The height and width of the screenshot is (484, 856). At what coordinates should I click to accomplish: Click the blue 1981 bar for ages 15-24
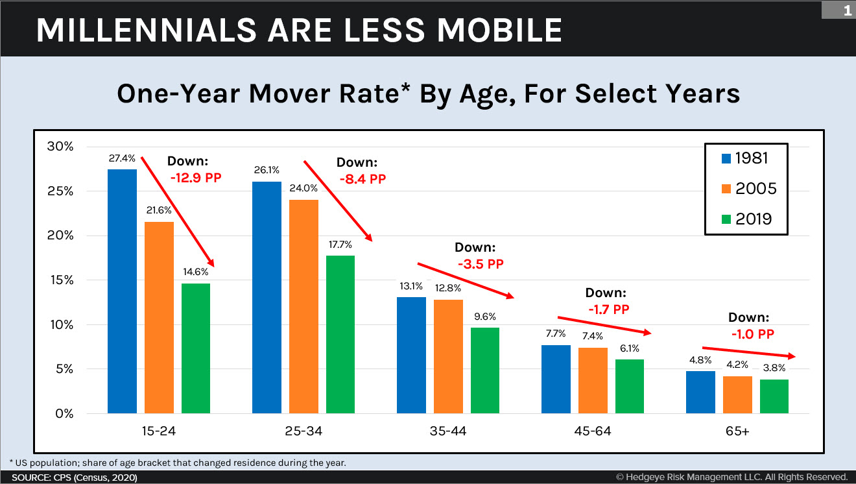[123, 291]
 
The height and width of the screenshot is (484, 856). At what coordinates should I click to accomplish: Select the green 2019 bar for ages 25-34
[340, 334]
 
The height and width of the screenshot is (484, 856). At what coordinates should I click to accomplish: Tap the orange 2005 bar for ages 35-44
[449, 356]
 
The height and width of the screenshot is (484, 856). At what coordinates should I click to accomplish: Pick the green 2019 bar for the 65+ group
[774, 396]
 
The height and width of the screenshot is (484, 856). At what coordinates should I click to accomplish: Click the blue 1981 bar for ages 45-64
[556, 379]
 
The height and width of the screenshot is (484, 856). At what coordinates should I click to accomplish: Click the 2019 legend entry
[746, 219]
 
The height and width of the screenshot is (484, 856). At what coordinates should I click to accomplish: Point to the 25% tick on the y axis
[60, 191]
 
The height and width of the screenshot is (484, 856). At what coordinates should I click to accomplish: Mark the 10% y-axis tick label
[60, 324]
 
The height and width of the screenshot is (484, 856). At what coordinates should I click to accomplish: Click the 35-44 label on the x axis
[448, 431]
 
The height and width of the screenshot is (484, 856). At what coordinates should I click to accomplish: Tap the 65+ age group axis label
[737, 431]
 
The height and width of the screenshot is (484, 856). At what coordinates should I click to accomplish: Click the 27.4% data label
[123, 158]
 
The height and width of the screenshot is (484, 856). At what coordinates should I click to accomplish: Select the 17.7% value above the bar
[340, 245]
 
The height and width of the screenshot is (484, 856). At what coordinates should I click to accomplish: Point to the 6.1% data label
[629, 348]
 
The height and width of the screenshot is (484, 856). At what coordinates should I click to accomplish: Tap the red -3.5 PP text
[480, 264]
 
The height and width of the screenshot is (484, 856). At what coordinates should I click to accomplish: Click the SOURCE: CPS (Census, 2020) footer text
[75, 478]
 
